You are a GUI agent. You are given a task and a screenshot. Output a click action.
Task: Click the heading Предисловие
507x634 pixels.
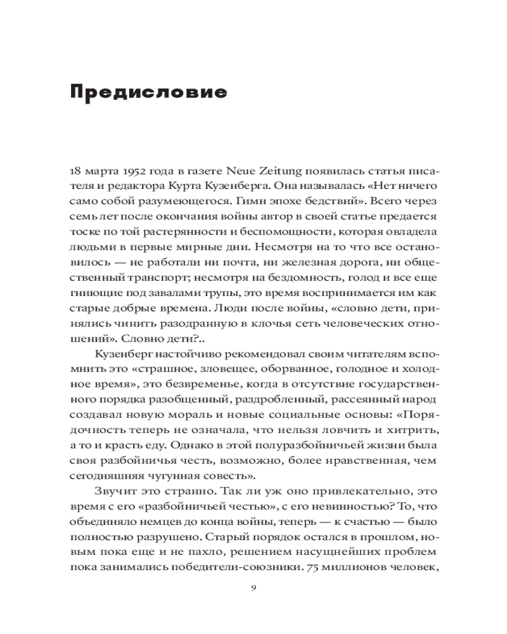click(x=148, y=93)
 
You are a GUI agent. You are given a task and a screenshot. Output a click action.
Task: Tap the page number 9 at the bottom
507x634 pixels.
click(x=253, y=588)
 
